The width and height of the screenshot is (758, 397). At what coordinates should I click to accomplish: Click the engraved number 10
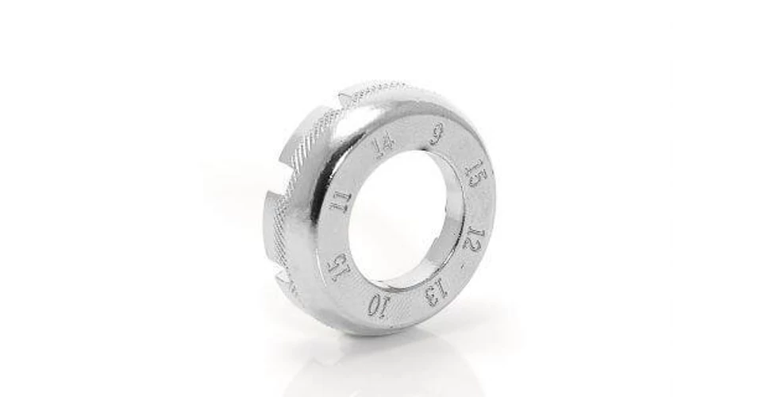(377, 306)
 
